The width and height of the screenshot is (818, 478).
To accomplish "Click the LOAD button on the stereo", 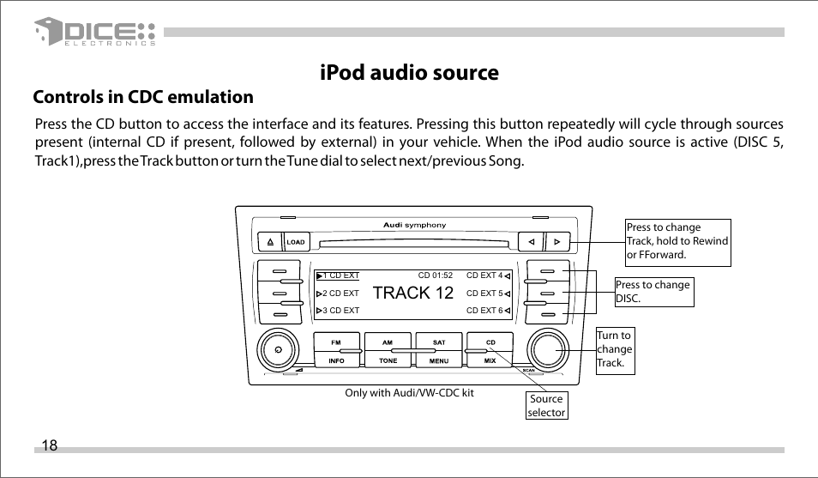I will point(296,242).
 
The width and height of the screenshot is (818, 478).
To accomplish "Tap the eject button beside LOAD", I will point(269,242).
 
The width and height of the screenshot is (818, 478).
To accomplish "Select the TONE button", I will point(388,361).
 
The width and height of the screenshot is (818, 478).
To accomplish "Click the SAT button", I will point(439,342).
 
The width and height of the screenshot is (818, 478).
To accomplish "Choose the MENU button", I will point(439,361).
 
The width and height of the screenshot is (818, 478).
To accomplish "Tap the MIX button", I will point(490,361).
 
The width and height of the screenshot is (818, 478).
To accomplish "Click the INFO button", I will point(336,361).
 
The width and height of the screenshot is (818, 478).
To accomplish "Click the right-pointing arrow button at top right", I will point(556,242).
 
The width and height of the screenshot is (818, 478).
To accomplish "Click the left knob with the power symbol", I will point(276,350).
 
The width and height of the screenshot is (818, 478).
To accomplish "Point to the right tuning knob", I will point(548,350).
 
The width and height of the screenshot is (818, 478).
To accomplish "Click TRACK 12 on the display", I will point(413,293).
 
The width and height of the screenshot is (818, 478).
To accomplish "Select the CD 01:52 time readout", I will point(435,276).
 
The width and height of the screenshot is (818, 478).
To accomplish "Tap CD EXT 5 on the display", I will point(484,293).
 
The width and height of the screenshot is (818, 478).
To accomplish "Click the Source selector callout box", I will point(546,405).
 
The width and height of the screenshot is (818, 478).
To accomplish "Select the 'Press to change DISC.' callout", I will point(653,291).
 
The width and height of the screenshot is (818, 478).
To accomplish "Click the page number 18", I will point(49,445).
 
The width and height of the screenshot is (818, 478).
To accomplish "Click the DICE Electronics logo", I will point(95,33).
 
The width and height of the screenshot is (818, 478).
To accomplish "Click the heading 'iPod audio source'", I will point(409,73).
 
